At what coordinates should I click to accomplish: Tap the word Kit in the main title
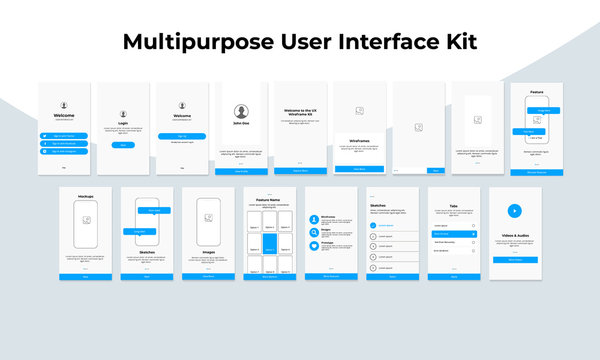coord(457,42)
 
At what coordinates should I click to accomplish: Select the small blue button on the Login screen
coord(123,145)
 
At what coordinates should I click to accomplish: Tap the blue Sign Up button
coord(182,135)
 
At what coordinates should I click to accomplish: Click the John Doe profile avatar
coord(241,112)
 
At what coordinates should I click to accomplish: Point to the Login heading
coord(123,124)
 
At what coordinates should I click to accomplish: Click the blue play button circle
coord(514,211)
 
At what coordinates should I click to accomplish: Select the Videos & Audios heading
coord(514,236)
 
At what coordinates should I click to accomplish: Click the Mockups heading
coord(86,197)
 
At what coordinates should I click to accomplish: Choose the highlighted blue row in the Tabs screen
coord(453,234)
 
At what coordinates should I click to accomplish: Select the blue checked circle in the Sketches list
coord(374,226)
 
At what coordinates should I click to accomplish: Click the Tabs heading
coord(453,206)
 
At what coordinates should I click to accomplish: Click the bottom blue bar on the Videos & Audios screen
coord(514,259)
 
